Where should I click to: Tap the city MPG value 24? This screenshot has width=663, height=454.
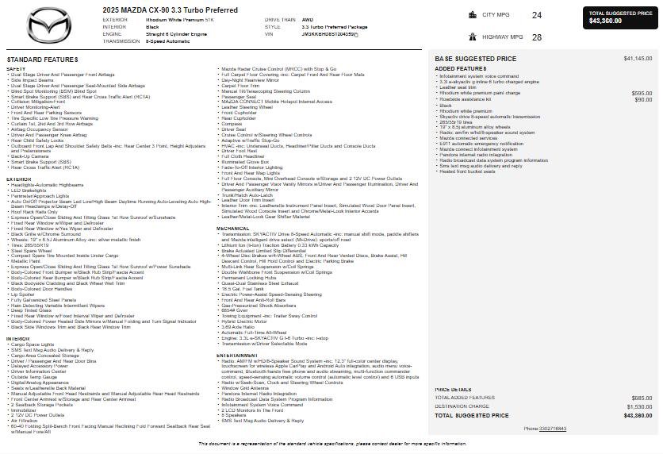[537, 15]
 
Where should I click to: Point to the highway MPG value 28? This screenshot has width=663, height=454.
[537, 37]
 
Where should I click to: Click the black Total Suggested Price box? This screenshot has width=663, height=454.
[621, 17]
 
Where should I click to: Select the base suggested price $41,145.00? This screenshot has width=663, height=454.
[638, 59]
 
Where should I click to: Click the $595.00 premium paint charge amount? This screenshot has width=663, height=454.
[642, 93]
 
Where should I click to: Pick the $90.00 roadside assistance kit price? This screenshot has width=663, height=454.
[643, 99]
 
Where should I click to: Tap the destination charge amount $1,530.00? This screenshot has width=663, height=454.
[638, 406]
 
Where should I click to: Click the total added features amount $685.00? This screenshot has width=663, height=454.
[642, 398]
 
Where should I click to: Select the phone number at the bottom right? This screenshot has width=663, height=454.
[553, 428]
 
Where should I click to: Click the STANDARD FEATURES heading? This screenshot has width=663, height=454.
[42, 60]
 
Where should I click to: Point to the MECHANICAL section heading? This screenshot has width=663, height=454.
[232, 229]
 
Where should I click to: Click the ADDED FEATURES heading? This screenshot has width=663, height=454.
[455, 68]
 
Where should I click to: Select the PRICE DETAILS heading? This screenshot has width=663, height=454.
[453, 390]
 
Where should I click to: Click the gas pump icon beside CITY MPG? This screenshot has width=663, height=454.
[473, 14]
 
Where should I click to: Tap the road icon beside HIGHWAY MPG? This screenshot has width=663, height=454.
[473, 37]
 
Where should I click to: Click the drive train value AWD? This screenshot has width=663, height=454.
[307, 19]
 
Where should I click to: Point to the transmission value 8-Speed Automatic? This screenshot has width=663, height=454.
[167, 41]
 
